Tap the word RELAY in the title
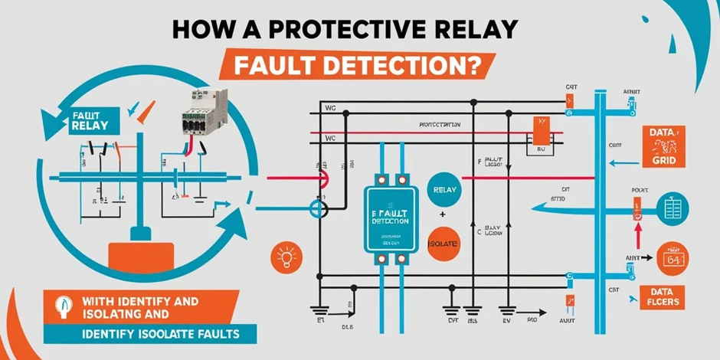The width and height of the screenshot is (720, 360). coord(475,30)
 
